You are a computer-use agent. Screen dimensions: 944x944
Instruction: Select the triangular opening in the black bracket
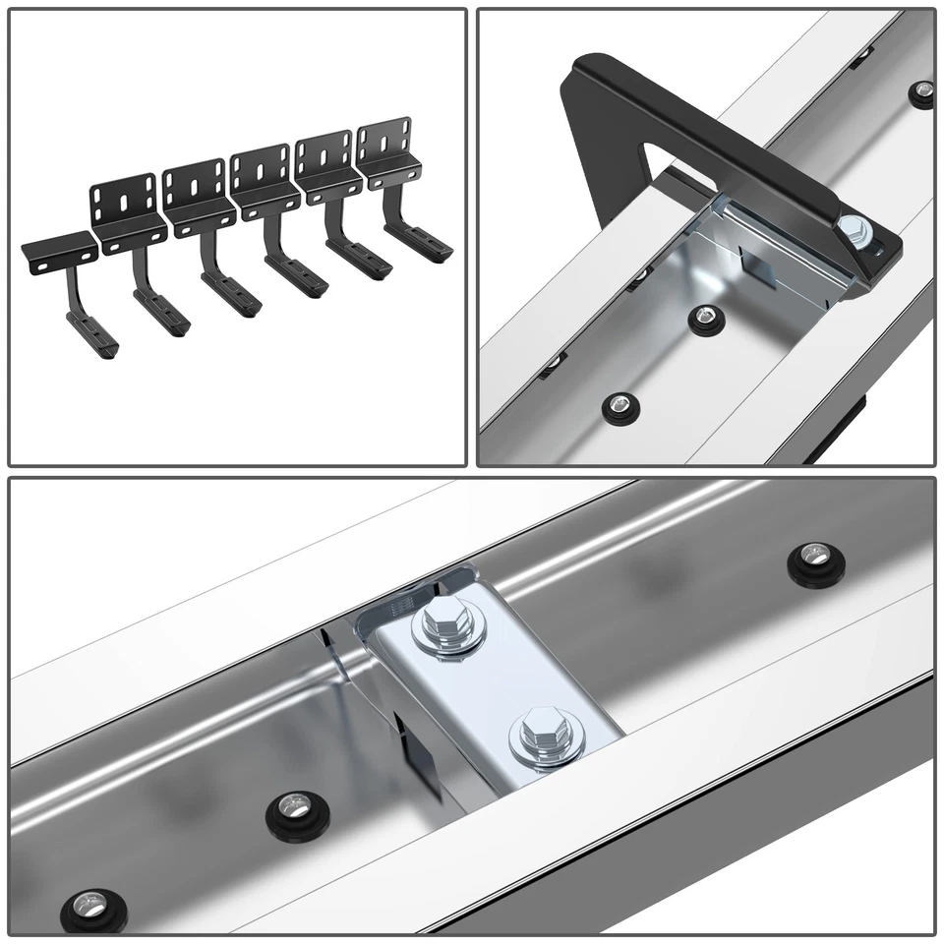click(629, 138)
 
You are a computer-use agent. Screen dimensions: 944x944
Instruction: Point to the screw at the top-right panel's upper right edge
click(921, 93)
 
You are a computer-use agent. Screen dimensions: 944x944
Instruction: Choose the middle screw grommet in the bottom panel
click(290, 811)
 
